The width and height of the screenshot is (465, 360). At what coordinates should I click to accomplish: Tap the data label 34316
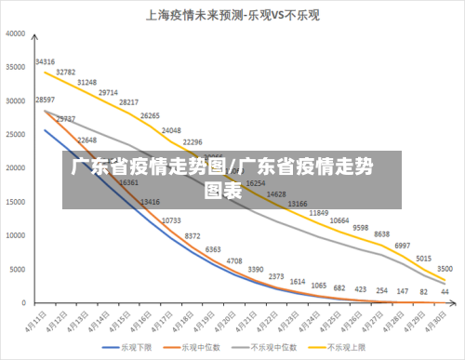(x=45, y=61)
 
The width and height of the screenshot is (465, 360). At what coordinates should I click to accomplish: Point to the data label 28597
(x=45, y=100)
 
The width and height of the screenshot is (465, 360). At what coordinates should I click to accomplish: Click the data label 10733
(x=171, y=220)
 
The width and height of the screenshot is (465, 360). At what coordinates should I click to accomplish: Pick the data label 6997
(x=402, y=246)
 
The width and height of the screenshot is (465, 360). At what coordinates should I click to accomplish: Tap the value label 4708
(x=232, y=261)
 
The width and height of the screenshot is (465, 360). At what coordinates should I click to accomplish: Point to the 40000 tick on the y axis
(x=16, y=33)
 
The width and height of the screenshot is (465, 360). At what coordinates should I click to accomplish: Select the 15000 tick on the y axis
(x=16, y=202)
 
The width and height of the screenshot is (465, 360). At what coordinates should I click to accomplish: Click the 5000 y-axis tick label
(x=18, y=270)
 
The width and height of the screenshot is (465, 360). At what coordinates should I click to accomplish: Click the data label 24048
(x=171, y=130)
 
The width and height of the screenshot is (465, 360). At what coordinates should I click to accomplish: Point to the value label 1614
(x=298, y=281)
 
